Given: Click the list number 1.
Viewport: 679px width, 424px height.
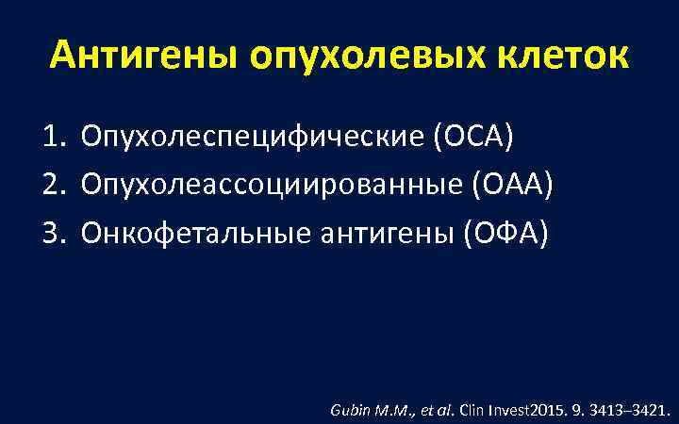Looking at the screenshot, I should click(52, 139).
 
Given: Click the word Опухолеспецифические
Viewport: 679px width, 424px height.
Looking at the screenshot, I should click(253, 139).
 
